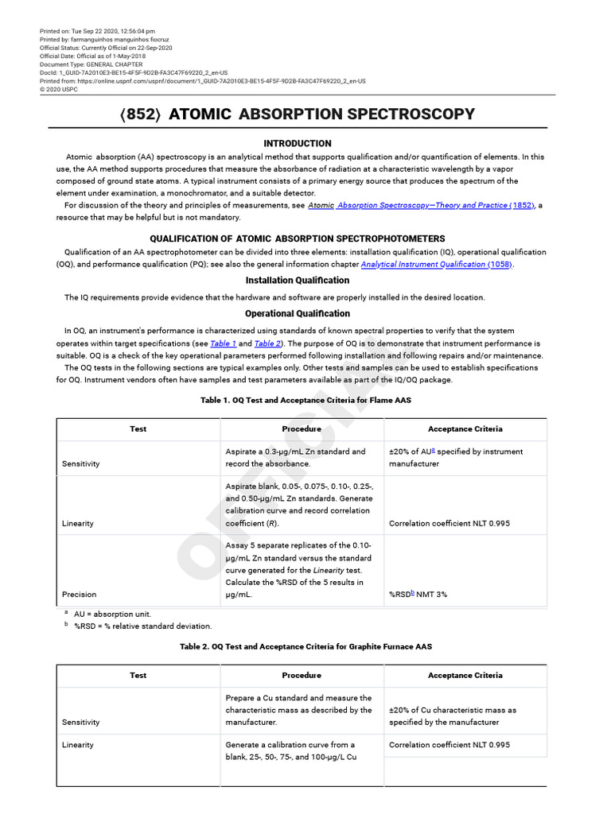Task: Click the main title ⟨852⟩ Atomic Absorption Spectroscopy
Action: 297,114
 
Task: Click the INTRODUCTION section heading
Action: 298,144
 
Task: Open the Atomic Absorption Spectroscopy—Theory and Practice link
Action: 421,205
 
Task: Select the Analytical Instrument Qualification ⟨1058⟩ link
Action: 437,264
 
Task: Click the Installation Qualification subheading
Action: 297,281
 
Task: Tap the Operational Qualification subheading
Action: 297,313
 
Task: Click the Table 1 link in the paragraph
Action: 223,343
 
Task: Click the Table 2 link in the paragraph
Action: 267,343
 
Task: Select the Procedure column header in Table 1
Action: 302,429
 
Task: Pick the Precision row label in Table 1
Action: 79,594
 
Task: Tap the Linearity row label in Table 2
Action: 78,745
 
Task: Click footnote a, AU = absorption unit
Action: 112,614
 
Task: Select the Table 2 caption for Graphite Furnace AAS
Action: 305,647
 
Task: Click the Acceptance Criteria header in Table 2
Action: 465,676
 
